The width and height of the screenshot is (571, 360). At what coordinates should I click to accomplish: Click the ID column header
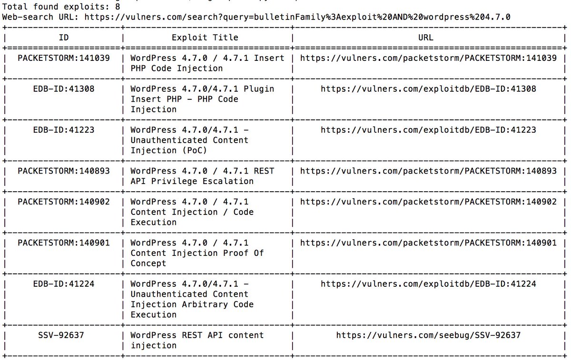tap(63, 37)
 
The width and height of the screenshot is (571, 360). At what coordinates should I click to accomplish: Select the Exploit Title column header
tap(205, 37)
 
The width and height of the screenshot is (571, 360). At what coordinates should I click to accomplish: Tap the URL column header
tap(426, 37)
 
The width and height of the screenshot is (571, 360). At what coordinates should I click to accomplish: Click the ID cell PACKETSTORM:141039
tap(63, 58)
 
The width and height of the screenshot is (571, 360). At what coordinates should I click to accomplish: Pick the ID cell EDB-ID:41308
tap(63, 89)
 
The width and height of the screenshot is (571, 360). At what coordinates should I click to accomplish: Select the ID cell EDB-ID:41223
tap(63, 130)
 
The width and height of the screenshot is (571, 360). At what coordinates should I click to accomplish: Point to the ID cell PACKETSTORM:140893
tap(63, 171)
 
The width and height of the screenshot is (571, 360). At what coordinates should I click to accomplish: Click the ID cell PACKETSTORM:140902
tap(63, 202)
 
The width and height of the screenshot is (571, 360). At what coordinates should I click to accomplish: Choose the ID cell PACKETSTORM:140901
tap(63, 243)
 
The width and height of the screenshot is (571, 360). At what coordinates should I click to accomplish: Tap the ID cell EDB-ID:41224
tap(63, 284)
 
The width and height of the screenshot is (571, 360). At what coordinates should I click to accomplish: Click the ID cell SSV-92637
tap(63, 335)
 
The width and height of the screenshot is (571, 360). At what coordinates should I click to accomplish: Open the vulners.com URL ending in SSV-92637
tap(428, 335)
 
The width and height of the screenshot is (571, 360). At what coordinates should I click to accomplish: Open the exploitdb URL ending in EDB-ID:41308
tap(428, 89)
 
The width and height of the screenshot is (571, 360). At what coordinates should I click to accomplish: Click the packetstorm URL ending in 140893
tap(428, 171)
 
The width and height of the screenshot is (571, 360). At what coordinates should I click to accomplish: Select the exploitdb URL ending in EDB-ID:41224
tap(428, 284)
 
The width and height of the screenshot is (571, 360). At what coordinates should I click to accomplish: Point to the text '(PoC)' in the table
tap(197, 150)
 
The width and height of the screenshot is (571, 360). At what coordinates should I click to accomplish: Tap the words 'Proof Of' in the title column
tap(243, 253)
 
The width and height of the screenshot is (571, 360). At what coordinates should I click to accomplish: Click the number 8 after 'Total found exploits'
tap(117, 7)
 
